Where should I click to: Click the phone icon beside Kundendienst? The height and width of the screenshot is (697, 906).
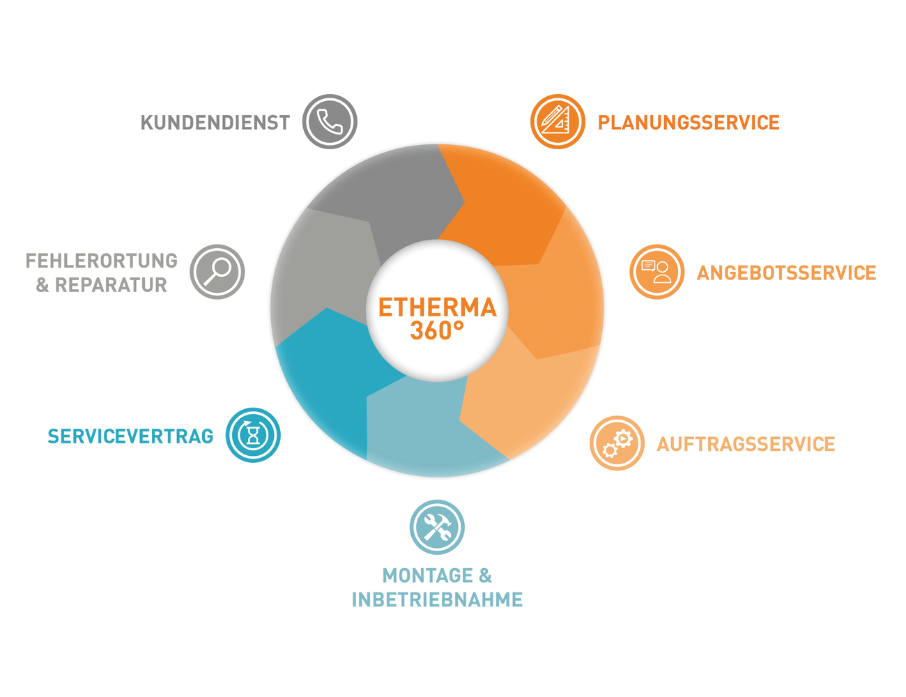coord(330,121)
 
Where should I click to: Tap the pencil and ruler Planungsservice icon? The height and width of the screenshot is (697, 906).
coord(557,121)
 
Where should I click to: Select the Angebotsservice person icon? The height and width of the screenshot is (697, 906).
coord(657,272)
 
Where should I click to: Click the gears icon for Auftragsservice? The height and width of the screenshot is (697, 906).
coord(617,443)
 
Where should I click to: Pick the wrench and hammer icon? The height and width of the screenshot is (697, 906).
coord(437,527)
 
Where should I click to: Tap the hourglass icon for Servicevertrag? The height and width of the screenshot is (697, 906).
coord(253,435)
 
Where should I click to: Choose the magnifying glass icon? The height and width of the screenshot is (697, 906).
coord(217,272)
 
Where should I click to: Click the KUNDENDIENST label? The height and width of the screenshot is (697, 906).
coord(215,123)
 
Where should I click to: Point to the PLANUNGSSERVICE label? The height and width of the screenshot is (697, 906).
coord(689,123)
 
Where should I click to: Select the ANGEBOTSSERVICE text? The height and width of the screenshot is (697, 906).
coord(786,273)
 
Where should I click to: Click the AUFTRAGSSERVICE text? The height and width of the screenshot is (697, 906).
coord(746,444)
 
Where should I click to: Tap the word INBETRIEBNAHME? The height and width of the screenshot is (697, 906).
coord(437,599)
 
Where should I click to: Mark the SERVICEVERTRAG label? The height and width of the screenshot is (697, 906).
coord(130,436)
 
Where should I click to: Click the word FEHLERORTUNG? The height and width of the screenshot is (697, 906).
coord(102,261)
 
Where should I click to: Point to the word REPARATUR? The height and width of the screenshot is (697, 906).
coord(111,285)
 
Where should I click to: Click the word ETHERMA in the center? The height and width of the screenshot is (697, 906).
coord(437,307)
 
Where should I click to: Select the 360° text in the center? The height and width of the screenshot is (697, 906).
coord(437,331)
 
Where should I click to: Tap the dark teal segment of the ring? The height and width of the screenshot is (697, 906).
coord(328,376)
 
